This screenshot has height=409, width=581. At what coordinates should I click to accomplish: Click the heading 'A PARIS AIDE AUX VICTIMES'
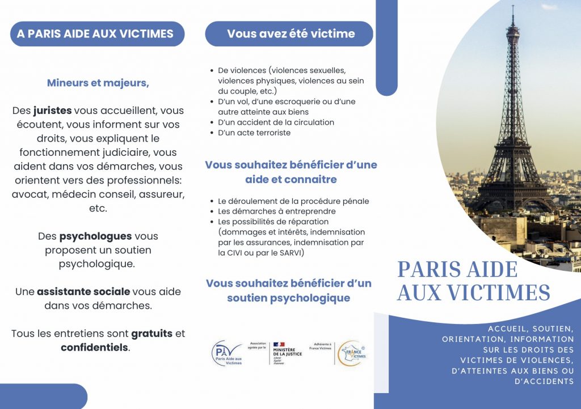tap(95, 34)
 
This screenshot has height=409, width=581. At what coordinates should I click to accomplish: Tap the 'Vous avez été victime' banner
tap(290, 34)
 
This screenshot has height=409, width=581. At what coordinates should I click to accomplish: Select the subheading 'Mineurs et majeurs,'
tap(98, 83)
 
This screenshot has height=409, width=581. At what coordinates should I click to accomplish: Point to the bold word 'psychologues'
tap(95, 236)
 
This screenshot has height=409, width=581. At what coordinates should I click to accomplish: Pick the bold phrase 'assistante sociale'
tap(83, 292)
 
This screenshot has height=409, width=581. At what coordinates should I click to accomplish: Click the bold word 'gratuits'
tap(151, 334)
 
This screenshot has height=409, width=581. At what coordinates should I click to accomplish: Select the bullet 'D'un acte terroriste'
tap(254, 133)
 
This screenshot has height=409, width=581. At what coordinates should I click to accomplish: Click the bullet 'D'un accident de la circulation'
tap(276, 122)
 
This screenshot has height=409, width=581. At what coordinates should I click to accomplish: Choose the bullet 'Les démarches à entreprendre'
tap(269, 211)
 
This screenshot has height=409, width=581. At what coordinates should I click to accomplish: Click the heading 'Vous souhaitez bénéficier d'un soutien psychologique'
tap(289, 290)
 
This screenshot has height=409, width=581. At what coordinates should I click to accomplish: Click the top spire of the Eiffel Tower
tap(512, 11)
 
